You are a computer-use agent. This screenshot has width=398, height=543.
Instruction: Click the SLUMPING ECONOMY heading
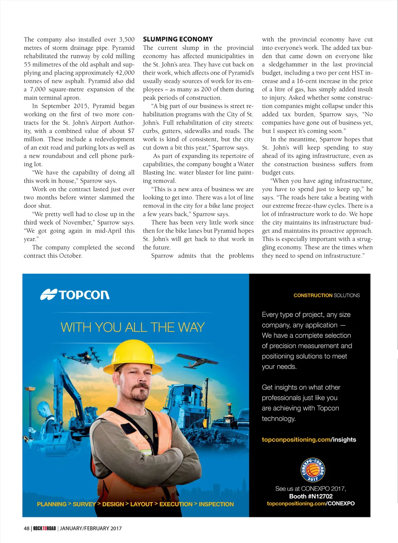point(178,39)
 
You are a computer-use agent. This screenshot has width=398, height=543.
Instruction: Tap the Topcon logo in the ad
point(75,295)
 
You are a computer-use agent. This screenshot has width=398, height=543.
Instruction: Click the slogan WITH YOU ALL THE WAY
point(133,327)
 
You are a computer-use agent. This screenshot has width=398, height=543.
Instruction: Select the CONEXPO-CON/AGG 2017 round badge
point(312,470)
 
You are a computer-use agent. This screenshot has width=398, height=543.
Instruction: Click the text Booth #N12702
point(311,496)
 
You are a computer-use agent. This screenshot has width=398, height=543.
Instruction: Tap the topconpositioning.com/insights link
point(309,440)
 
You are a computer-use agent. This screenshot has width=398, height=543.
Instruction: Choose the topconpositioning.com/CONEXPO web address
point(311,503)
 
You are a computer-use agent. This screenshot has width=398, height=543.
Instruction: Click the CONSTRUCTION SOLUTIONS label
point(326,295)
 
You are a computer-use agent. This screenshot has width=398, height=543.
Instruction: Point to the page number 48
point(26,528)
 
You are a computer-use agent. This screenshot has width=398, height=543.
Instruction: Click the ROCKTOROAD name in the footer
point(44,528)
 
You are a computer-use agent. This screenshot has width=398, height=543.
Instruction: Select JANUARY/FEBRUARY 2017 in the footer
point(91,528)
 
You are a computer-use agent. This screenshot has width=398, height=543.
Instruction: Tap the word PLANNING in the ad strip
point(52,504)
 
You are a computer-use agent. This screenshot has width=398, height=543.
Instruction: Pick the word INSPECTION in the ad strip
point(216,504)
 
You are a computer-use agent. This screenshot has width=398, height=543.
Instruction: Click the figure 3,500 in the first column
point(127,40)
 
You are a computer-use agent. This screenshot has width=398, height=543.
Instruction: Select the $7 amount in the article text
point(131,131)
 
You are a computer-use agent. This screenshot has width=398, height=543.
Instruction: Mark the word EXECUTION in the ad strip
point(176,504)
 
